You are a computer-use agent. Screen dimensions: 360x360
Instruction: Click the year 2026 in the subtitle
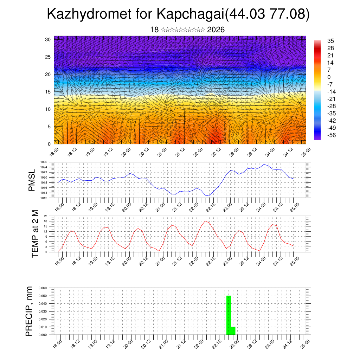click(216, 30)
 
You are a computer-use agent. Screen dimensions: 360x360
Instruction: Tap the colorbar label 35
click(330, 40)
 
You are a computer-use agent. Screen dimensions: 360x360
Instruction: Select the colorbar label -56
click(331, 135)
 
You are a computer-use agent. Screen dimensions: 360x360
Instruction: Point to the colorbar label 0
click(329, 77)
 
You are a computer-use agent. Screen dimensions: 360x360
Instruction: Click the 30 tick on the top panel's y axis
click(48, 39)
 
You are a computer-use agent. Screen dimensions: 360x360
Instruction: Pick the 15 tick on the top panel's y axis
click(48, 92)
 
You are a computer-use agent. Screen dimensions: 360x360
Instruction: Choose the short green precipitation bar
click(233, 331)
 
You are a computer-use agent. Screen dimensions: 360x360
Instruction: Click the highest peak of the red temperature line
click(205, 221)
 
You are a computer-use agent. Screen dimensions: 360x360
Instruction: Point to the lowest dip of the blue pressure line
click(209, 196)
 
